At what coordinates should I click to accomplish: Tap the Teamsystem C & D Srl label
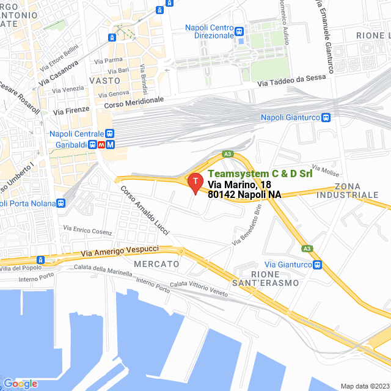260,174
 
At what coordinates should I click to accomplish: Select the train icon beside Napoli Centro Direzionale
239,31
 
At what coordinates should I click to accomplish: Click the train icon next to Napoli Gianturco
326,117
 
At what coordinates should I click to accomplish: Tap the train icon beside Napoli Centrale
109,134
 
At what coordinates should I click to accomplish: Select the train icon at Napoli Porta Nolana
61,203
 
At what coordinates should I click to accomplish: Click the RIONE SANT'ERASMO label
275,278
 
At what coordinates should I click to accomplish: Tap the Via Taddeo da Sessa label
291,83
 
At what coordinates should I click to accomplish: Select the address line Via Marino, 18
239,185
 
